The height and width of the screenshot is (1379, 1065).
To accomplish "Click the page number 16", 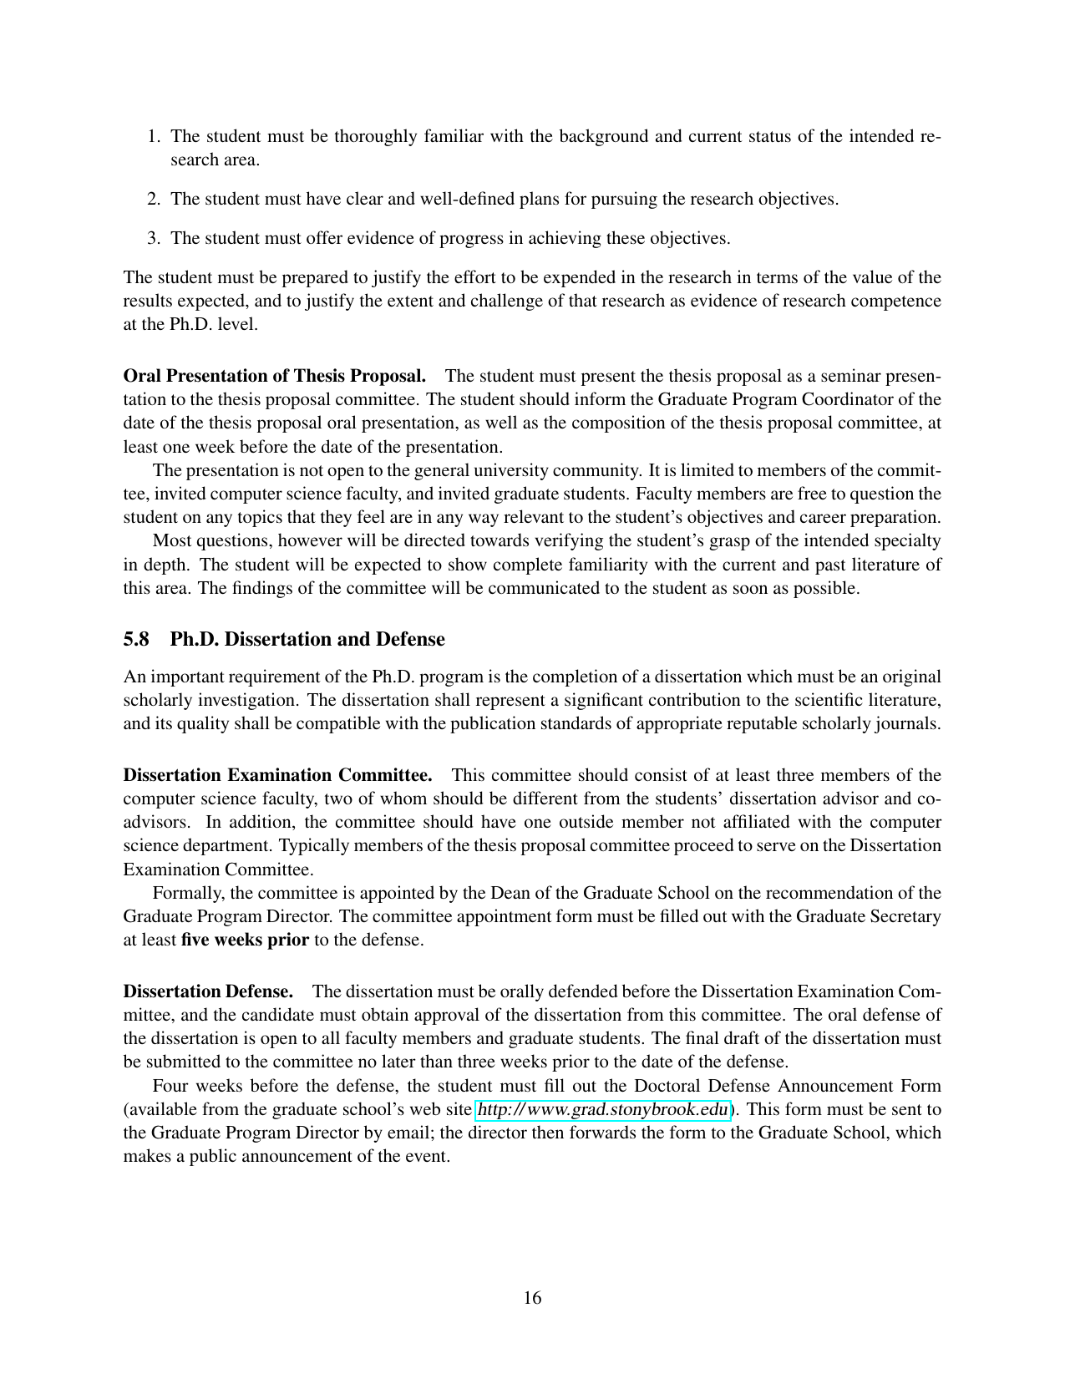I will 532,1298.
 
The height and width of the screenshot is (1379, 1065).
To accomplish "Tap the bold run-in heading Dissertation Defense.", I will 208,991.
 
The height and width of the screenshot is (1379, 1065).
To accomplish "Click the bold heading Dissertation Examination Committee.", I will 277,775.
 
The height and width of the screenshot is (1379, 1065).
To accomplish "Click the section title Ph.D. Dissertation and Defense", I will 307,639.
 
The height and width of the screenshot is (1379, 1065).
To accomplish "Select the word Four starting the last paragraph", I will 171,1086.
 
